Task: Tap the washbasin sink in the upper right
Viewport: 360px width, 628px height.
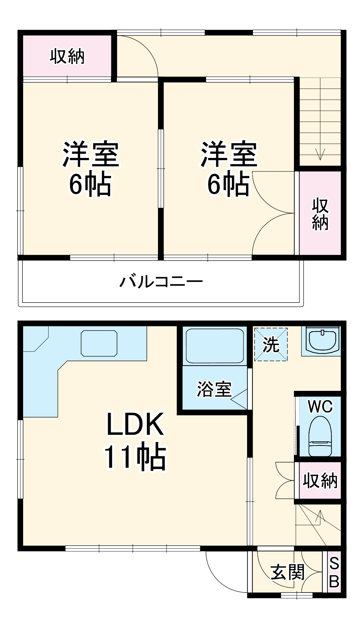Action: click(322, 341)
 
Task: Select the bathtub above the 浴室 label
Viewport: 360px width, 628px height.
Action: click(215, 346)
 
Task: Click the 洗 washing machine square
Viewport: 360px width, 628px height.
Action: click(271, 344)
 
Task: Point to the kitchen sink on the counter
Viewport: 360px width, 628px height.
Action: click(99, 343)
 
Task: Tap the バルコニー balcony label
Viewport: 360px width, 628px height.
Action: click(161, 281)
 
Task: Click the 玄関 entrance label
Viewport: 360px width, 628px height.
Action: click(287, 572)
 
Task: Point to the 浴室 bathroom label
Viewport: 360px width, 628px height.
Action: click(214, 389)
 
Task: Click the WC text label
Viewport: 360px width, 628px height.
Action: click(320, 407)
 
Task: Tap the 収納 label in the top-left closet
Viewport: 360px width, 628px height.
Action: click(67, 56)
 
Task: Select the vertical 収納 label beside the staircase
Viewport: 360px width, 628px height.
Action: click(320, 214)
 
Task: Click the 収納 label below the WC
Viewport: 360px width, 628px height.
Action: click(320, 480)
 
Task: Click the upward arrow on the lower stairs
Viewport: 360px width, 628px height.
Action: click(320, 515)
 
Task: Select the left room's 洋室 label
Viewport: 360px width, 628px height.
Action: click(91, 154)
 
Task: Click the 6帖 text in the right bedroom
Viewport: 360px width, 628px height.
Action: click(228, 184)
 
